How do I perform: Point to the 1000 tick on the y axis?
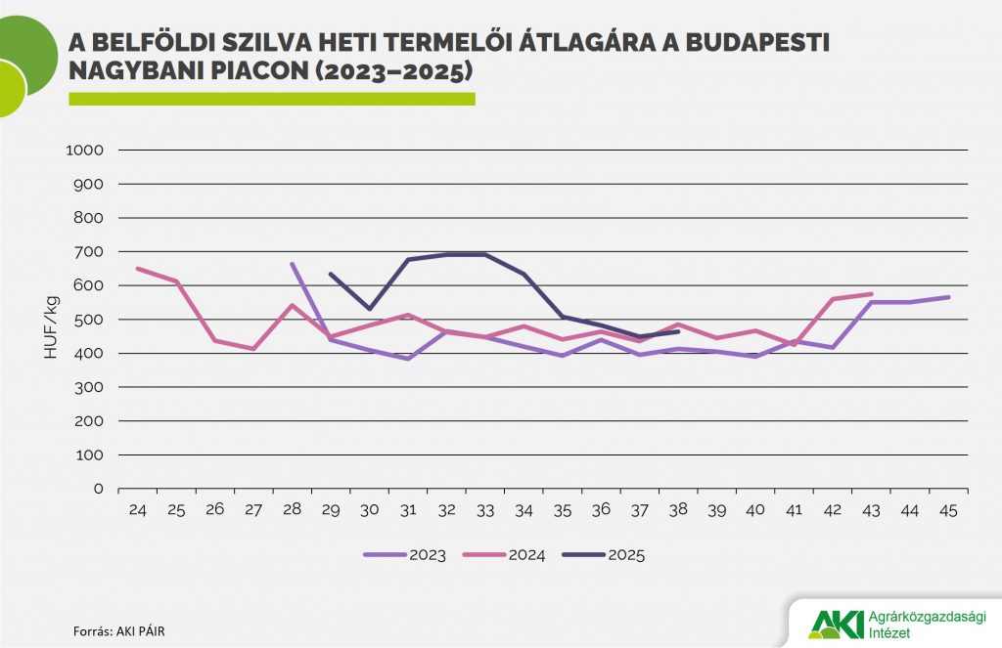tap(83, 151)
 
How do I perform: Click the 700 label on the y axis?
tap(89, 252)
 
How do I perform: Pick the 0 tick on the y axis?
tap(98, 489)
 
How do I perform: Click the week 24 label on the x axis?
tap(138, 509)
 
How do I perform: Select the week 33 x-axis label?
tap(484, 509)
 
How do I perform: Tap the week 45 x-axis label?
tap(947, 509)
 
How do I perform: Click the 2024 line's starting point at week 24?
tap(138, 268)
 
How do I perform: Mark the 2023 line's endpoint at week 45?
tap(947, 297)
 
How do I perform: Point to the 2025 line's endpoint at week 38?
tap(677, 331)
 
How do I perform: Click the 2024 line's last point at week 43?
tap(870, 293)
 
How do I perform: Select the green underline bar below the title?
tap(271, 99)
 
